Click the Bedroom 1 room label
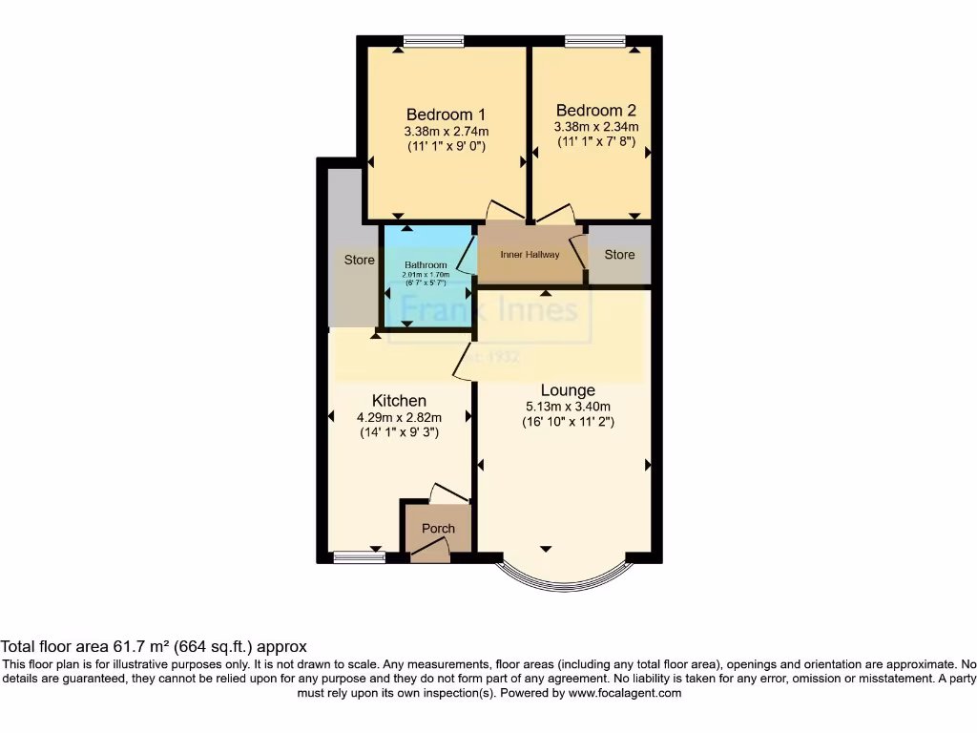(x=447, y=114)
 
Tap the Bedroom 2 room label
(x=595, y=110)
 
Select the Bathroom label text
(x=426, y=264)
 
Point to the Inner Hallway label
(x=530, y=255)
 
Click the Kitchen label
(x=399, y=401)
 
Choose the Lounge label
(x=568, y=390)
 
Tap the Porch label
(x=438, y=529)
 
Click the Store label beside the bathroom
(x=360, y=260)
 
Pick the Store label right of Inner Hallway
(x=619, y=255)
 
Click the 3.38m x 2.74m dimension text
(x=447, y=132)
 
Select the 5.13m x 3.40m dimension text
(x=568, y=407)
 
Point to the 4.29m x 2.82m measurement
(x=399, y=417)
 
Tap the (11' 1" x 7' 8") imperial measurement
(x=596, y=141)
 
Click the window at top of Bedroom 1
(x=433, y=40)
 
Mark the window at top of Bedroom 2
(x=595, y=40)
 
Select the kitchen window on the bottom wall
(x=359, y=557)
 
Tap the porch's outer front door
(x=431, y=549)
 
